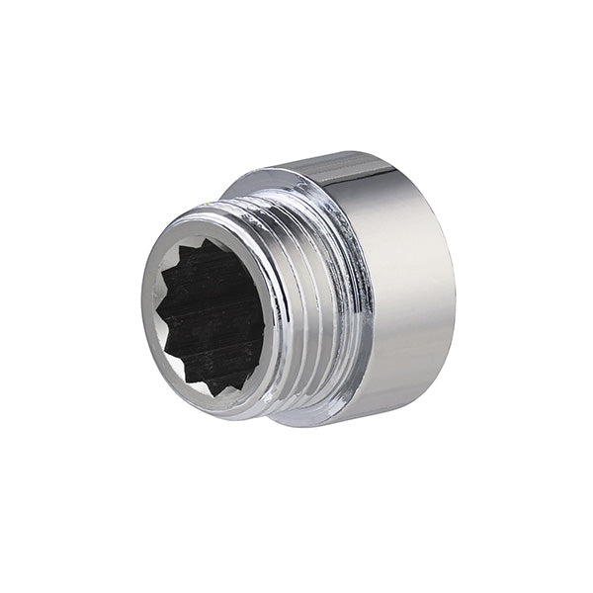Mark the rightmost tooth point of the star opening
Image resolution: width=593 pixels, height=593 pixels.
[266, 314]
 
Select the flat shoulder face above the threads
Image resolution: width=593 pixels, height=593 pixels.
[262, 183]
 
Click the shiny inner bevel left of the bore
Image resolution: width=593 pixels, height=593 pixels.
[150, 296]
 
